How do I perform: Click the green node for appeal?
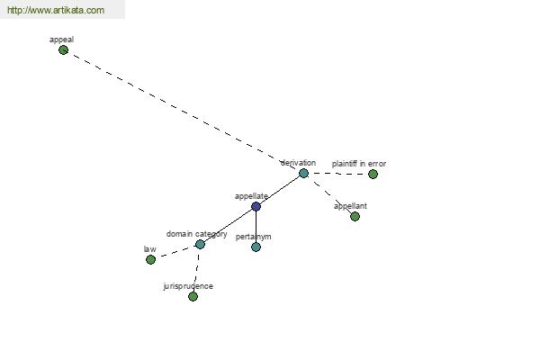[x=63, y=50]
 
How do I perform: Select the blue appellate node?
[x=256, y=207]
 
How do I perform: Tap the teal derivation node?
[x=304, y=174]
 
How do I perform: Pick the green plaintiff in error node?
[x=373, y=175]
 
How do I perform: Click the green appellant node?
[x=355, y=216]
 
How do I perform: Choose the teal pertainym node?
[x=256, y=247]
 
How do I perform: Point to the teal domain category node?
[x=200, y=245]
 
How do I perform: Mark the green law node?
[x=150, y=260]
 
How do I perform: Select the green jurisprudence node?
[x=193, y=297]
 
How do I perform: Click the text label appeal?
[x=61, y=40]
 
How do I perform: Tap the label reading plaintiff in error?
[x=359, y=164]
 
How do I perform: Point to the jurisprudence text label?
[x=188, y=286]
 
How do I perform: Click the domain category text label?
[x=196, y=234]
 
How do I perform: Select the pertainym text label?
[x=254, y=237]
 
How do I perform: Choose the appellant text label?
[x=350, y=206]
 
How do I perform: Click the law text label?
[x=149, y=249]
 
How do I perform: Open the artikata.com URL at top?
[x=56, y=10]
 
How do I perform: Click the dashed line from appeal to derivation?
[x=184, y=112]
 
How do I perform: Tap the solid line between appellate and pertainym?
[x=256, y=227]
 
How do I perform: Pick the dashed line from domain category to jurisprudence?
[x=197, y=270]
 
